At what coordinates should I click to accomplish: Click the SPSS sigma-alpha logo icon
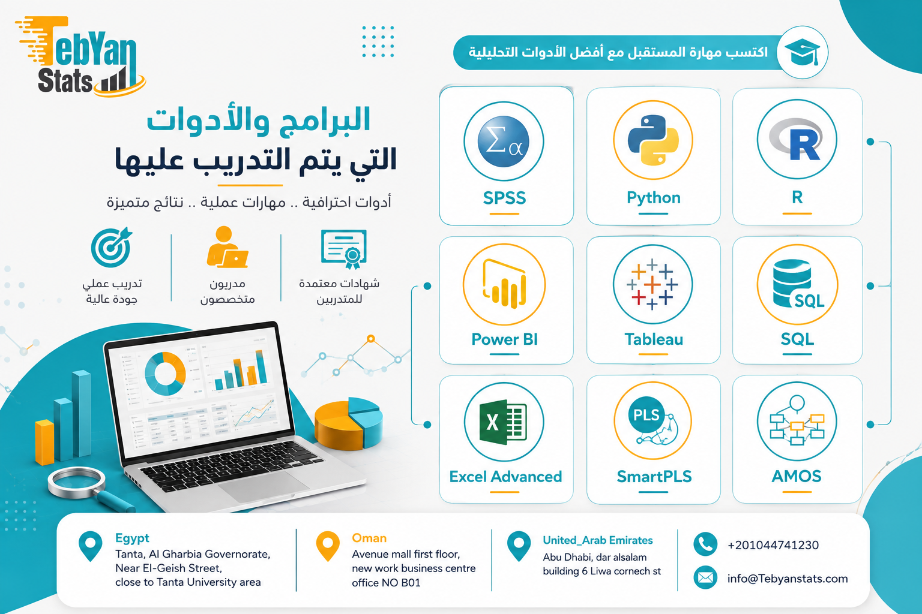[504, 142]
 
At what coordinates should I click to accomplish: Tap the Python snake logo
[653, 140]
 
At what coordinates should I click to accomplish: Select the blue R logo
[797, 140]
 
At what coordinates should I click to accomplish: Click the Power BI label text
[504, 339]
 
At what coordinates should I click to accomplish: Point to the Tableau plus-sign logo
[652, 284]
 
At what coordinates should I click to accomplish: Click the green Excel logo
[503, 422]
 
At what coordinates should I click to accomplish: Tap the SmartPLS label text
[654, 476]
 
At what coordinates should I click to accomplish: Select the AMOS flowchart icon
[797, 420]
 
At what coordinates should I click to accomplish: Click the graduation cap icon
[802, 53]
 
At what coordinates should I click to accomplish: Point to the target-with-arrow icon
[111, 247]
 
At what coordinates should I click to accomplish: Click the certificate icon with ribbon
[344, 249]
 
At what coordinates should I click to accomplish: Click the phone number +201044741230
[773, 545]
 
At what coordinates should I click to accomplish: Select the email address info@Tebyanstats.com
[788, 579]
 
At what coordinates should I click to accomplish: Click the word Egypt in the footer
[132, 538]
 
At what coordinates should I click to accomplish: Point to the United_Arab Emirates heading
[598, 540]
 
